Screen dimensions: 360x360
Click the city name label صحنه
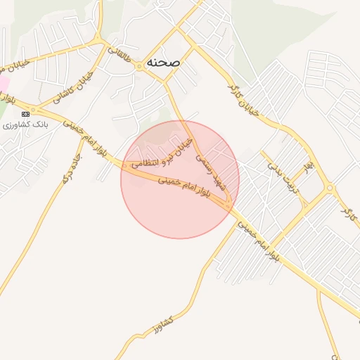pos(164,62)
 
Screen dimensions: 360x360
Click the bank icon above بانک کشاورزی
pos(26,113)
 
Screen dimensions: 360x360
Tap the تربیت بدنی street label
pos(284,176)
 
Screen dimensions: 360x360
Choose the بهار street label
pos(308,169)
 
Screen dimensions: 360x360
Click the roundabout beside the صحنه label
pos(140,65)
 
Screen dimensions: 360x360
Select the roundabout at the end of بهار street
pos(329,188)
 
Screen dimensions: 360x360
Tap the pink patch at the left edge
pos(3,83)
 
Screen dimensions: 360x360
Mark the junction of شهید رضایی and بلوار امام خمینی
pos(229,205)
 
